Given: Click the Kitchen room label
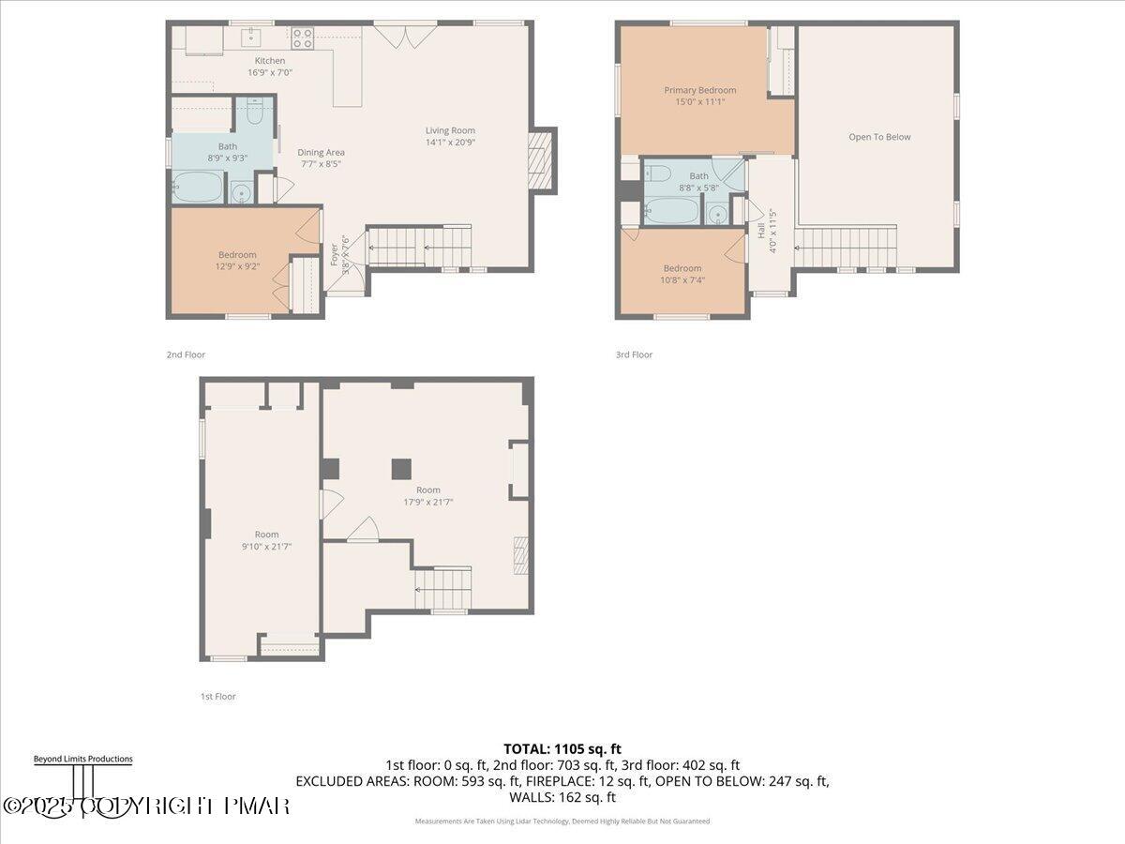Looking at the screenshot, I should pos(269,61).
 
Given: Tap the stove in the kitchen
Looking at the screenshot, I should pos(302,38).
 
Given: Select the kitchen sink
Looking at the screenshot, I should pos(251,38).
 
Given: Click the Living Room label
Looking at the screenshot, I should pos(450,130).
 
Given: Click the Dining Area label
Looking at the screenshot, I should pos(322,152).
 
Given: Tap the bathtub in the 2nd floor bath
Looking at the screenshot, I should pos(198,188).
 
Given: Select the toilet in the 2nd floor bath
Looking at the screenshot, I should pos(254,113).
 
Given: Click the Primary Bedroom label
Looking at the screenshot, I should pos(699,90).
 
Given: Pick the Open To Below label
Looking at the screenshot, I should pos(879,137).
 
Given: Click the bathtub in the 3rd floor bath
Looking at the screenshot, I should pos(671,210).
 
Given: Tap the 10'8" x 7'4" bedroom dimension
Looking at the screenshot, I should pos(682,279).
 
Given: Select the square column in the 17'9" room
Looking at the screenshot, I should pos(401,468).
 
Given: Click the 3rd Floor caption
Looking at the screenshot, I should pos(634,354).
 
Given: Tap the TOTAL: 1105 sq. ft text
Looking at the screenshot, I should pos(562,748).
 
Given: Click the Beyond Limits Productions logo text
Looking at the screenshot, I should pos(82,759).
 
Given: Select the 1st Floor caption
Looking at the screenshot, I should pos(217,696).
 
